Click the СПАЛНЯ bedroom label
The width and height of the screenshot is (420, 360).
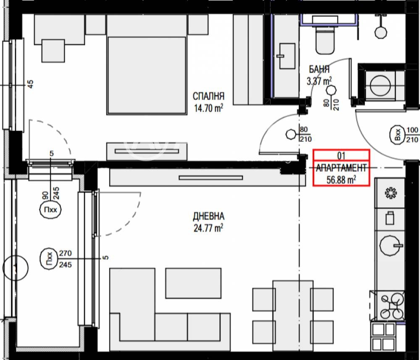tap(208, 96)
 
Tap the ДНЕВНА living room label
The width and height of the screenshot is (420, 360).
tap(208, 216)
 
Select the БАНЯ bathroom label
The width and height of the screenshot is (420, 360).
tap(319, 69)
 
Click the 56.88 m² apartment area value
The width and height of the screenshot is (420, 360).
tap(341, 180)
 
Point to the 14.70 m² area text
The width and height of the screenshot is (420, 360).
tap(208, 108)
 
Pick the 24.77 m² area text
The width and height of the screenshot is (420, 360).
tap(208, 228)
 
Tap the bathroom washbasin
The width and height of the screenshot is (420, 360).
tap(287, 56)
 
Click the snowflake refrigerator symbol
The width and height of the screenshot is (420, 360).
tap(391, 193)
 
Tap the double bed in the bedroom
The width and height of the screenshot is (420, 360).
tap(147, 65)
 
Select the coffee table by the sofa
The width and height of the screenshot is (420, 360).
tap(193, 283)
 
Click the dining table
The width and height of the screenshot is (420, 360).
tap(293, 316)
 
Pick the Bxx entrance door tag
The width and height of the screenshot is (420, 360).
tap(398, 135)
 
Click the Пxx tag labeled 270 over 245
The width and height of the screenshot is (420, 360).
tap(49, 259)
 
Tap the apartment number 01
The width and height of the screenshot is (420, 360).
tap(341, 156)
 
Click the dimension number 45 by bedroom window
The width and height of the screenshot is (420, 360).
tap(31, 84)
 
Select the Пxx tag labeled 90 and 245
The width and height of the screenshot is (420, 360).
tap(50, 209)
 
